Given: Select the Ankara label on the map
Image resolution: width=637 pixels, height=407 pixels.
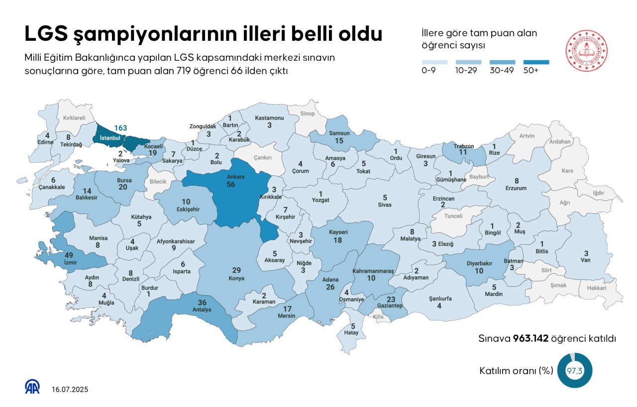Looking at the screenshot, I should [x=230, y=177].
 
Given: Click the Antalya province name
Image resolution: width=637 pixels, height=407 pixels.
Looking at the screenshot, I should [x=202, y=309].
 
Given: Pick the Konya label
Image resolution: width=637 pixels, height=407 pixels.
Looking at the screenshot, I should [x=236, y=278].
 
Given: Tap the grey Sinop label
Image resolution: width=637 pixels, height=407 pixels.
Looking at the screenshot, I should [x=308, y=114].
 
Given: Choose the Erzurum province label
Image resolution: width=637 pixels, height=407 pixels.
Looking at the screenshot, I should [x=516, y=188].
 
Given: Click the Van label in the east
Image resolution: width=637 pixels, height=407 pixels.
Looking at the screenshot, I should [x=586, y=260].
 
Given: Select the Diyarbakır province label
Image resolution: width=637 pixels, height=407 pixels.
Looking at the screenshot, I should [x=479, y=264].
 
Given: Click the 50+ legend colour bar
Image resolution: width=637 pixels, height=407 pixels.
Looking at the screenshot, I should [x=536, y=62].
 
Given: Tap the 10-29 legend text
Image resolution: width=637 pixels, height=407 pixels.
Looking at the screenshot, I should [x=466, y=70].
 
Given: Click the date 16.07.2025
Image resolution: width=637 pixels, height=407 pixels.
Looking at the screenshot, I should [x=70, y=390].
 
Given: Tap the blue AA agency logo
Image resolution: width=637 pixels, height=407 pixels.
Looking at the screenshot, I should [x=33, y=387].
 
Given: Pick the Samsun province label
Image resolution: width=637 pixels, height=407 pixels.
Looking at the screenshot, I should [x=339, y=133].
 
